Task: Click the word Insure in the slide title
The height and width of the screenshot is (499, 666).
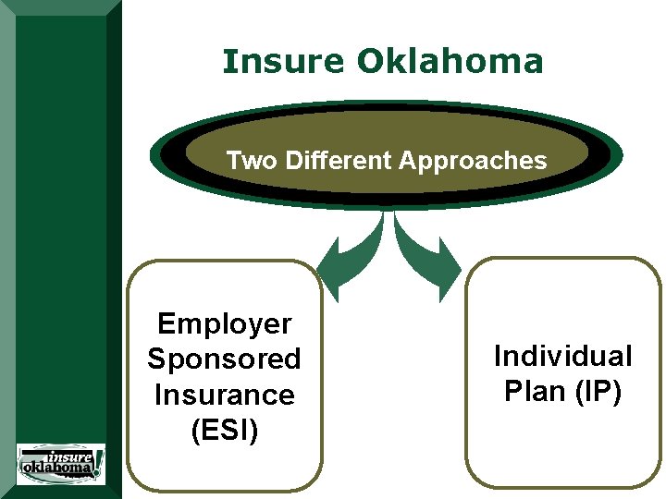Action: click(x=283, y=62)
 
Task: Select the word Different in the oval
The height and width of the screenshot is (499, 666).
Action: click(x=339, y=161)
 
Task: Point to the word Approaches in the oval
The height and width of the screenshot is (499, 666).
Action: click(x=473, y=162)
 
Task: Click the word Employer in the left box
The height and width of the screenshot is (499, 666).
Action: click(x=225, y=323)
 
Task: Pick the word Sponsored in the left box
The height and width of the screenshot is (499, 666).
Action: click(x=225, y=359)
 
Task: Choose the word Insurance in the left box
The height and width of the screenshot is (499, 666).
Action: click(x=225, y=395)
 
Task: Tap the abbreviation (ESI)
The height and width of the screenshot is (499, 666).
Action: click(x=225, y=430)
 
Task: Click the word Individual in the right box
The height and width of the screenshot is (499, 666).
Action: click(x=562, y=356)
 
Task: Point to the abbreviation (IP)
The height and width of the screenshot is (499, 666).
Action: click(x=596, y=392)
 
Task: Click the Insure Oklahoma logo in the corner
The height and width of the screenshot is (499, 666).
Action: click(x=61, y=464)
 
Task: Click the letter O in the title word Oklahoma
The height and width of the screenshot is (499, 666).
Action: click(x=369, y=62)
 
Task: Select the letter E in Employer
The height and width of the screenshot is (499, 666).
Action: click(x=166, y=323)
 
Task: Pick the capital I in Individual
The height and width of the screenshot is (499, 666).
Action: click(x=498, y=356)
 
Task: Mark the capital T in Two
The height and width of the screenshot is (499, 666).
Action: click(x=233, y=161)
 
